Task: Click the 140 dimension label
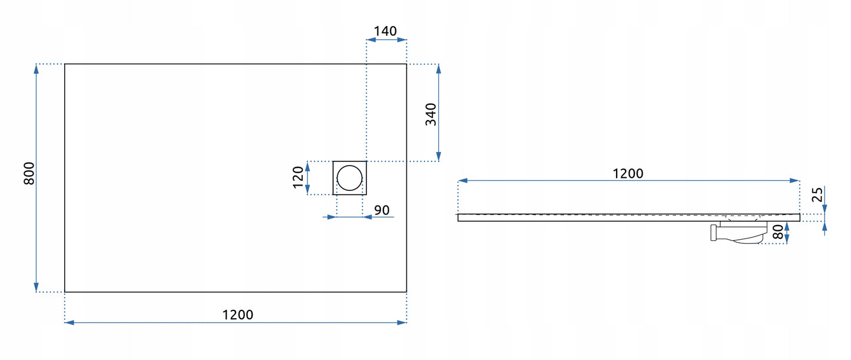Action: pos(386,31)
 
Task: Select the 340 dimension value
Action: pos(431,114)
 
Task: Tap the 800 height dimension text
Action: pos(29,173)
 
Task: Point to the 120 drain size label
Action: pos(298,177)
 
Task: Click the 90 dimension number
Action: pos(382,210)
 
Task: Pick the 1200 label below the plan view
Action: pos(238,315)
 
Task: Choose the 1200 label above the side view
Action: pos(628,173)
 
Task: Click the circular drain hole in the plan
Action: pos(349,177)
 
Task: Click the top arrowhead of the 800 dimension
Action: pos(37,68)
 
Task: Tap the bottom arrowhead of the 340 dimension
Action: pos(438,156)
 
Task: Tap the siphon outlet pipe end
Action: pos(713,232)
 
